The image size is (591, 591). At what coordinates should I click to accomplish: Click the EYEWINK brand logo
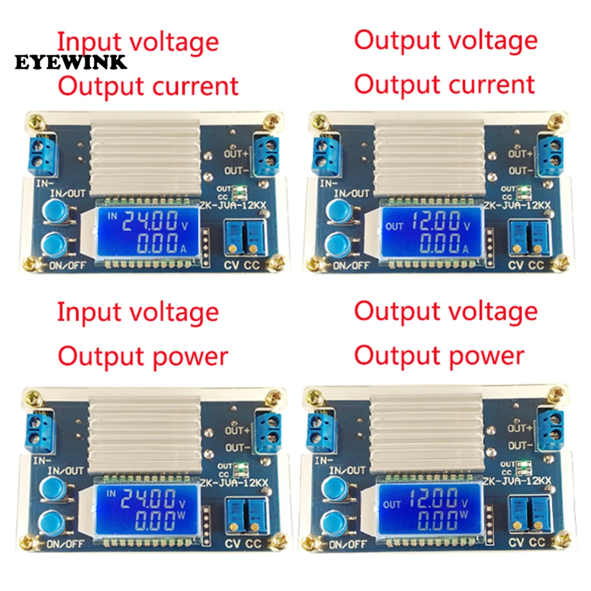(70, 62)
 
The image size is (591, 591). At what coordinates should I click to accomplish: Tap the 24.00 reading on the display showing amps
(150, 221)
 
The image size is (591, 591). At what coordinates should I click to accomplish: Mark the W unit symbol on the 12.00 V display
(463, 515)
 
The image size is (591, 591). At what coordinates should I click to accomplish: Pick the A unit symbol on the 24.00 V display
(183, 249)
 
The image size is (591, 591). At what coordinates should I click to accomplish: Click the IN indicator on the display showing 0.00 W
(111, 493)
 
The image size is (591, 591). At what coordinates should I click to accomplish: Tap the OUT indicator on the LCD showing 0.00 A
(394, 226)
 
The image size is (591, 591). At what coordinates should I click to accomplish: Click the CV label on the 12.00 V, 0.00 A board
(516, 265)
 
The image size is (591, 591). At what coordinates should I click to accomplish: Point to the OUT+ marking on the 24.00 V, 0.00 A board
(236, 154)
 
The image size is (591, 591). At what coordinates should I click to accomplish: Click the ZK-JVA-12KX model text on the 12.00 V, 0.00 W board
(517, 481)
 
